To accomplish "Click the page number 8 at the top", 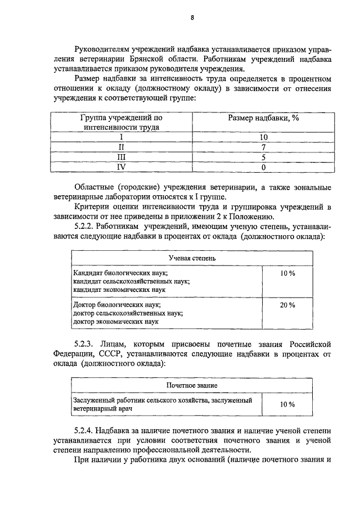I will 192,17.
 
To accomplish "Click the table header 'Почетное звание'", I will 192,385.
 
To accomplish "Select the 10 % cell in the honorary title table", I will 287,404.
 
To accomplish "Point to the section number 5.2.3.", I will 86,343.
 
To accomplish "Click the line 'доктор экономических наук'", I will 116,322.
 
